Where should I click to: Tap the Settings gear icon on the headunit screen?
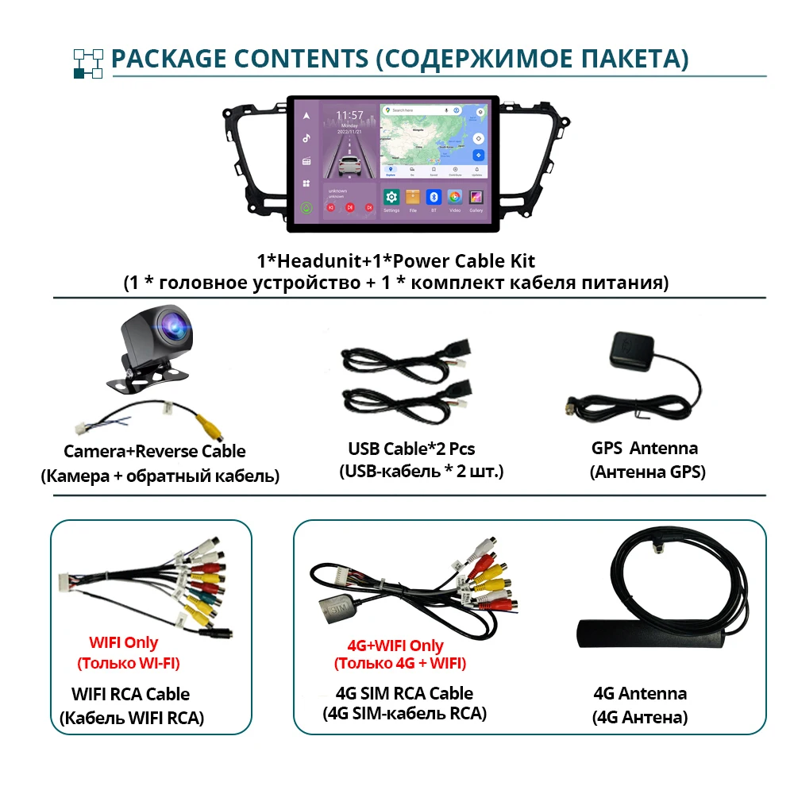(x=391, y=197)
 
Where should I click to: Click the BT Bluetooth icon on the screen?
(x=434, y=197)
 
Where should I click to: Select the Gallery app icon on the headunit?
(x=476, y=197)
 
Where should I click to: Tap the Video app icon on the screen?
(x=455, y=197)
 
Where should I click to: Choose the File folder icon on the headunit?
(x=412, y=197)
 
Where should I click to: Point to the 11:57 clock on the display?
(x=349, y=115)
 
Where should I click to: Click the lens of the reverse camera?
(x=172, y=325)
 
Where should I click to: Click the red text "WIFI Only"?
(x=123, y=643)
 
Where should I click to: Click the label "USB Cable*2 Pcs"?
(x=411, y=449)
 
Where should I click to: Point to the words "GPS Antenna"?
(x=645, y=448)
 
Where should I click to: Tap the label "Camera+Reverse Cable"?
(x=154, y=452)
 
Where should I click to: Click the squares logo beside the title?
(x=88, y=63)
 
